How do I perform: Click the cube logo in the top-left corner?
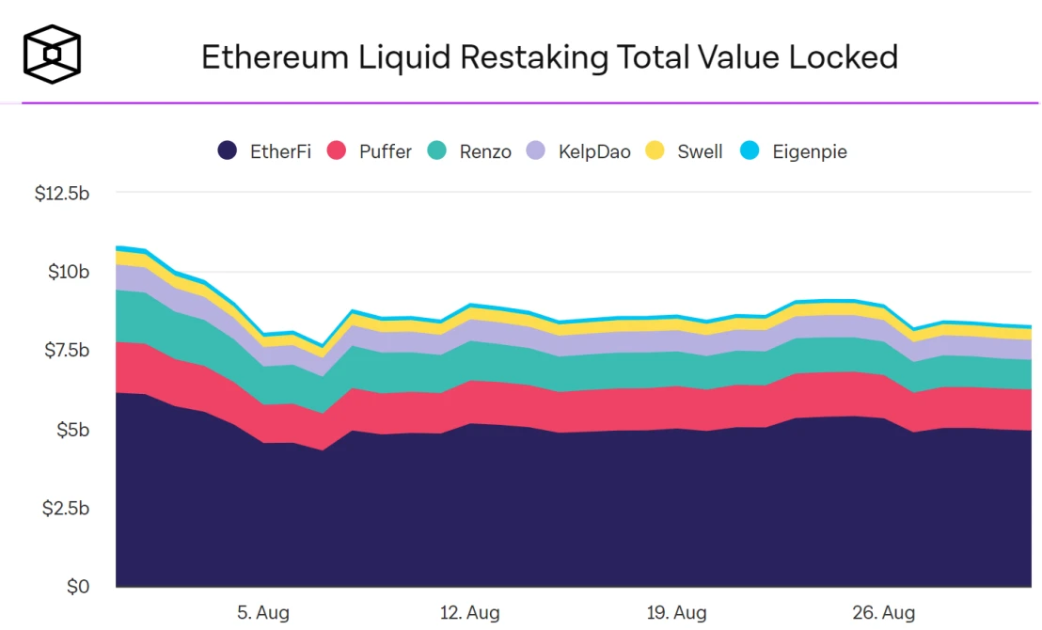(52, 54)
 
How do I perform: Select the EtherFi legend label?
(280, 151)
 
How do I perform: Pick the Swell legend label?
(700, 151)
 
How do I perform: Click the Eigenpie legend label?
(810, 151)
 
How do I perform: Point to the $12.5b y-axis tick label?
(62, 194)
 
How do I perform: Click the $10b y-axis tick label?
(70, 273)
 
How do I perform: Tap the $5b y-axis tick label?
(73, 430)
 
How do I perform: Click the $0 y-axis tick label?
(79, 587)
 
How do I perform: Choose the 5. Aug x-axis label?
(261, 613)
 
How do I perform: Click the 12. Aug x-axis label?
(469, 613)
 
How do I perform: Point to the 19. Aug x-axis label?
(676, 613)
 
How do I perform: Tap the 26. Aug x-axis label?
(884, 613)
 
